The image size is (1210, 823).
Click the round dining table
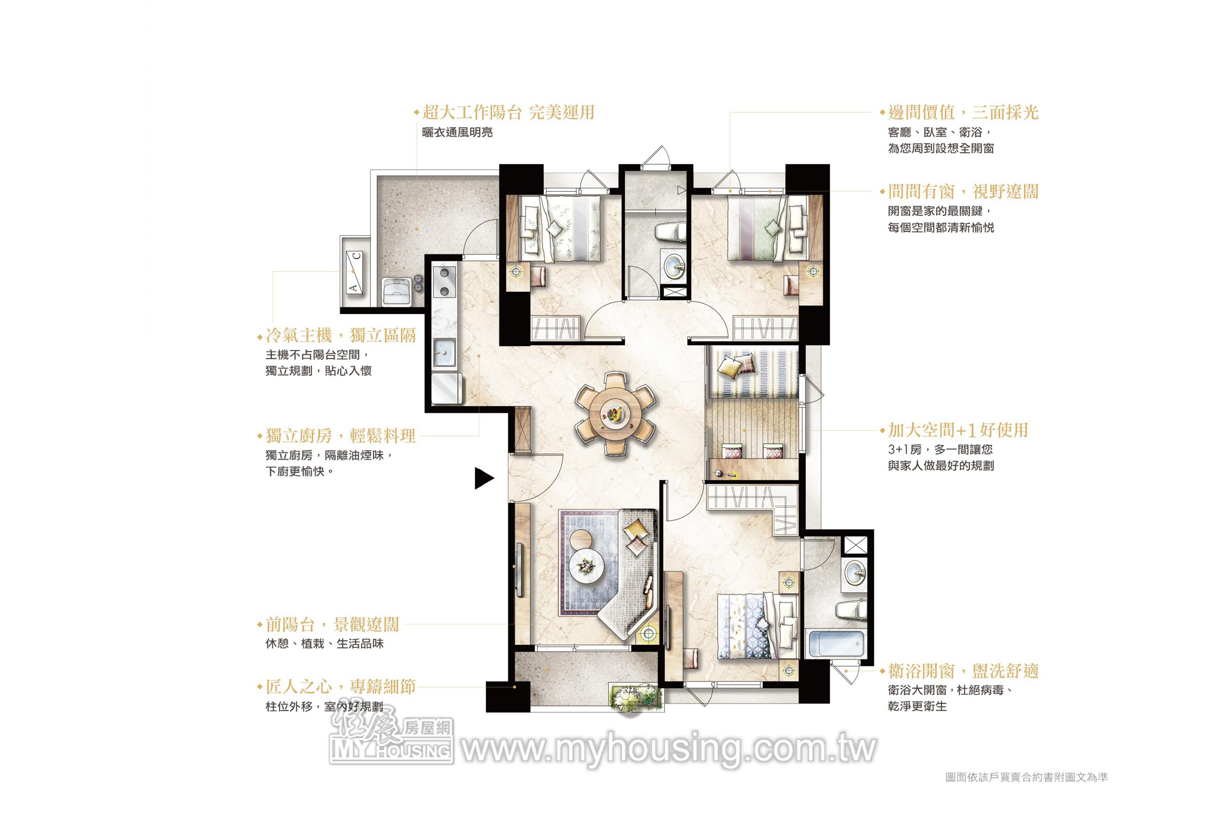pyautogui.click(x=615, y=414)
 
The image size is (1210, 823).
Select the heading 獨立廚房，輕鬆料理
pyautogui.click(x=340, y=436)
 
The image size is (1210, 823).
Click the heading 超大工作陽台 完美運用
pyautogui.click(x=508, y=112)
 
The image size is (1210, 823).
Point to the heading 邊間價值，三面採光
pyautogui.click(x=963, y=112)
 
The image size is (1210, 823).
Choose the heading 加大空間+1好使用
pyautogui.click(x=958, y=430)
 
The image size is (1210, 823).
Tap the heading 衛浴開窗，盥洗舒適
pyautogui.click(x=963, y=671)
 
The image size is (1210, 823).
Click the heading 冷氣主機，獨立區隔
pyautogui.click(x=340, y=335)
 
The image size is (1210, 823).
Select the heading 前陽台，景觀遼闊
pyautogui.click(x=332, y=624)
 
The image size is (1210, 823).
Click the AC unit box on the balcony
pyautogui.click(x=354, y=271)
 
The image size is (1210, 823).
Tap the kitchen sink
pyautogui.click(x=444, y=352)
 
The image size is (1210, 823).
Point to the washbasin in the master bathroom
pyautogui.click(x=855, y=573)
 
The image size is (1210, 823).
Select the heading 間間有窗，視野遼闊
pyautogui.click(x=963, y=191)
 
